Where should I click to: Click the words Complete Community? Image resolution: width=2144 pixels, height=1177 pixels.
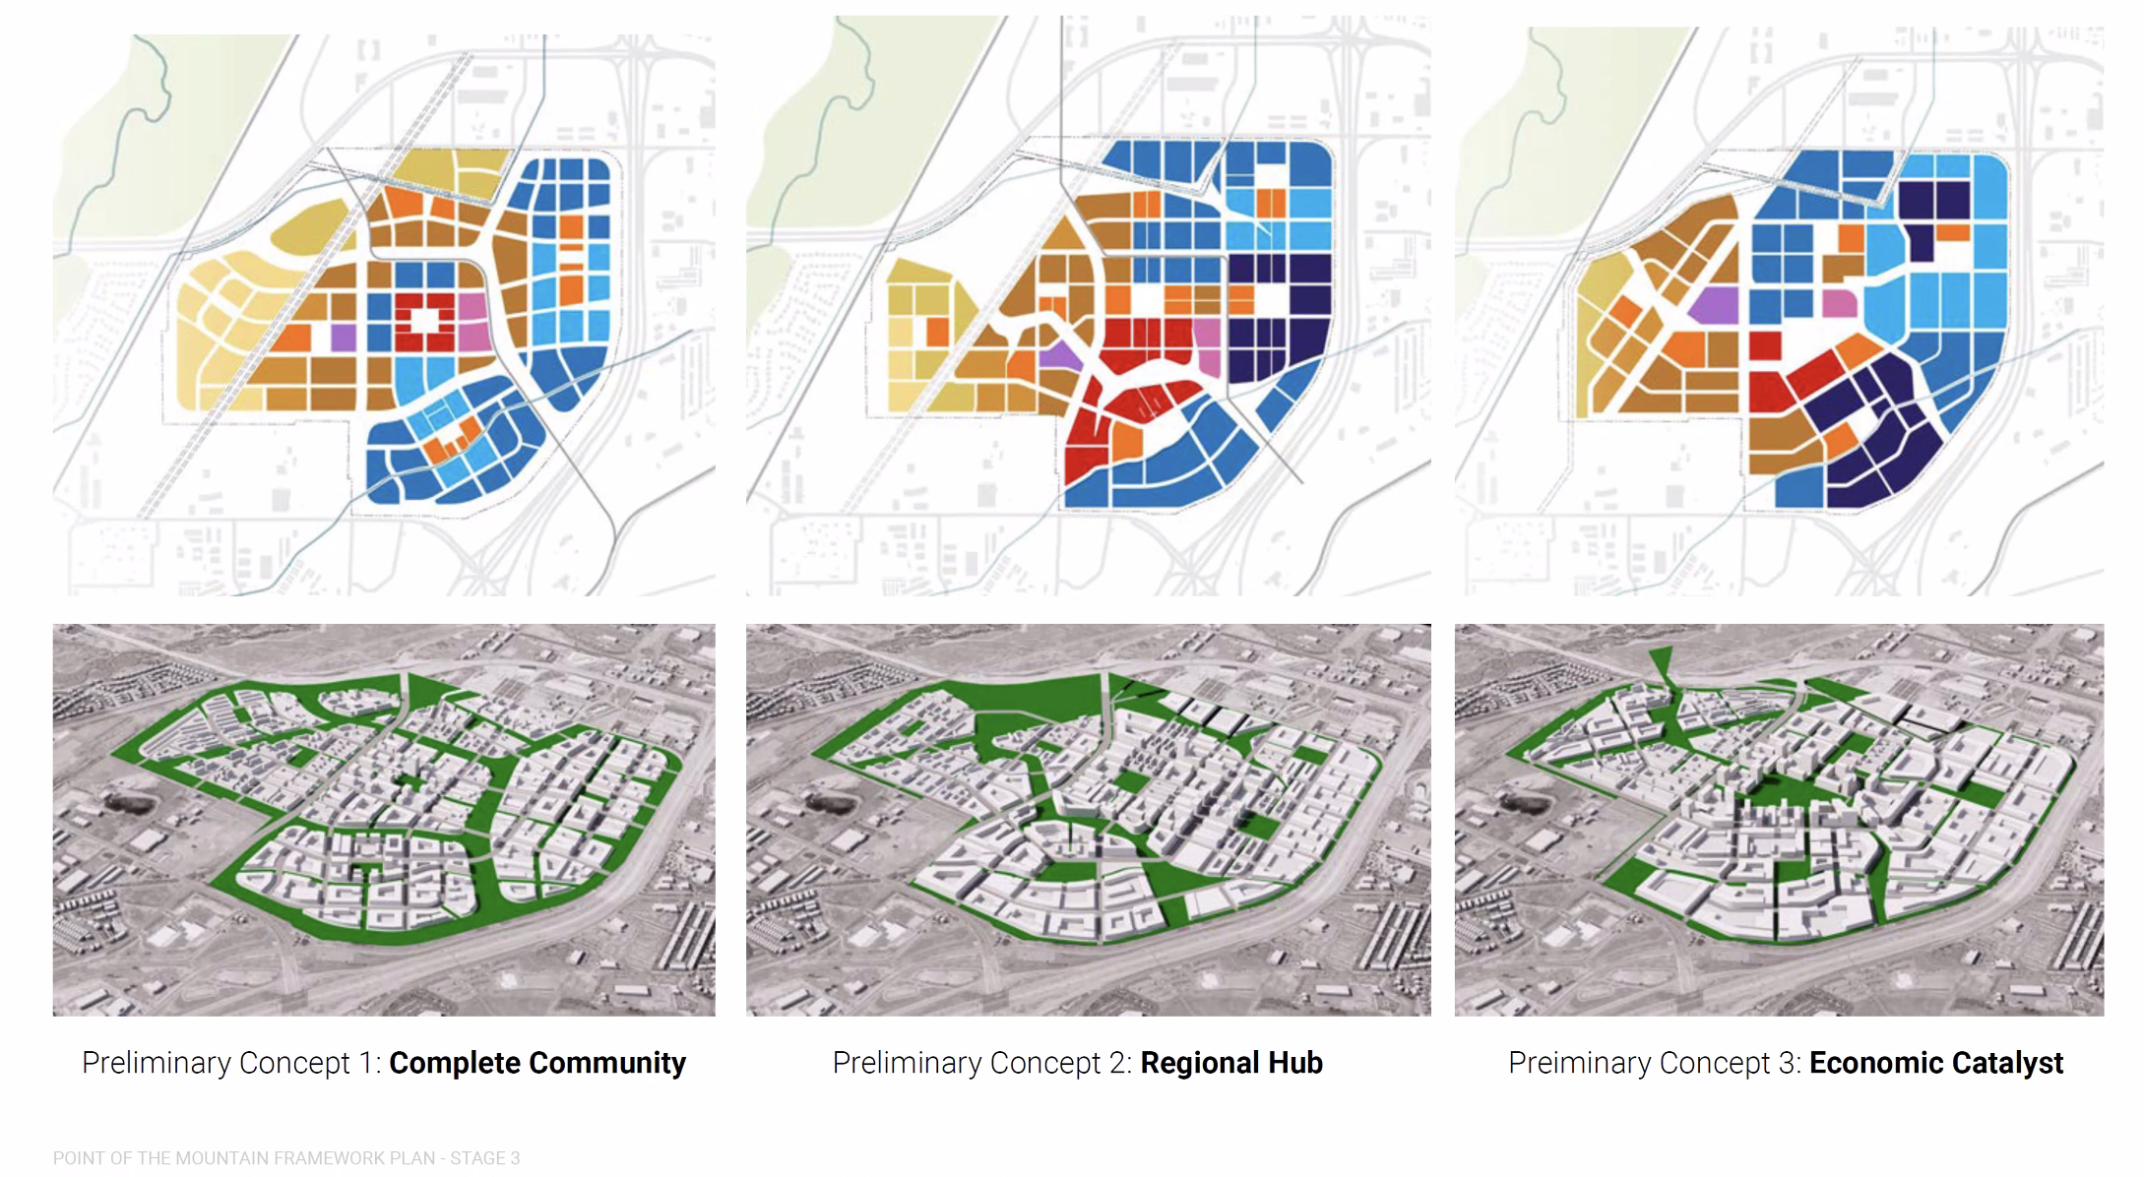coord(536,1063)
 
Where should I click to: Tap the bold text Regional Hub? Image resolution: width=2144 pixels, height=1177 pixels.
coord(1230,1063)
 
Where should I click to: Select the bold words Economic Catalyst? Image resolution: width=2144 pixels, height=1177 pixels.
coord(1935,1063)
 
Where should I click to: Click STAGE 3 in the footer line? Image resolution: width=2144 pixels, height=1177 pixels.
coord(484,1158)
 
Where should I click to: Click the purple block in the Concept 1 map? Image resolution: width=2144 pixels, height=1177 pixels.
coord(343,338)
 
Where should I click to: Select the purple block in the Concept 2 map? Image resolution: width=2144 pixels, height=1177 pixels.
coord(1058,354)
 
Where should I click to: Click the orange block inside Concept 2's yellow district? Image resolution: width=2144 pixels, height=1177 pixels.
coord(936,332)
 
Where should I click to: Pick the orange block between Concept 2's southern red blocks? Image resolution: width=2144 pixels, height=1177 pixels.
coord(1124,440)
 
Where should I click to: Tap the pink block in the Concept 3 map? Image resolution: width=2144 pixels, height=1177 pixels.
coord(1839,302)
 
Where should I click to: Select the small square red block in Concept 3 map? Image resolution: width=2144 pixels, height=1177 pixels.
coord(1765,345)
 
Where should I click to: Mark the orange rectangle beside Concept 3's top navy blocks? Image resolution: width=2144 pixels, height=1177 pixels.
coord(1952,233)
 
